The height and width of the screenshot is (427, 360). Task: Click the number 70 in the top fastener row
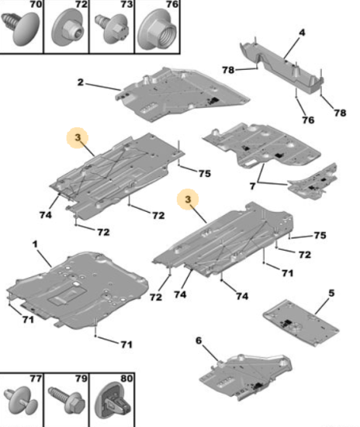[36, 4]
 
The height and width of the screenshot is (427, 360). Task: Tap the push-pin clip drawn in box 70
[20, 27]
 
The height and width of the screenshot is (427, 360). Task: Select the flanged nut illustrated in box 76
[157, 30]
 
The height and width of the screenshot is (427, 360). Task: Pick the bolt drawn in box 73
[111, 28]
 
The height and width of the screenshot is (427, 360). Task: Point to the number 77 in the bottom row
[36, 379]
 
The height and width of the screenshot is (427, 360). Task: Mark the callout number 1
[35, 245]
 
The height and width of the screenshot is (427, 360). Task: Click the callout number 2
[80, 82]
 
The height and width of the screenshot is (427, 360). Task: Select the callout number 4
[302, 33]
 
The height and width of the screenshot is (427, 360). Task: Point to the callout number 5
[331, 293]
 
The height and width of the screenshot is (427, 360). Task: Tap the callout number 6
[199, 340]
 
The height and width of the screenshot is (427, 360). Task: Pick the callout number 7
[252, 186]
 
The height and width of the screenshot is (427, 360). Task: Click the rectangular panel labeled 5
[301, 322]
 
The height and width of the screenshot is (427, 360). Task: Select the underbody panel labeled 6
[245, 377]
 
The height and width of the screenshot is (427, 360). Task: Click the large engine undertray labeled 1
[78, 290]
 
